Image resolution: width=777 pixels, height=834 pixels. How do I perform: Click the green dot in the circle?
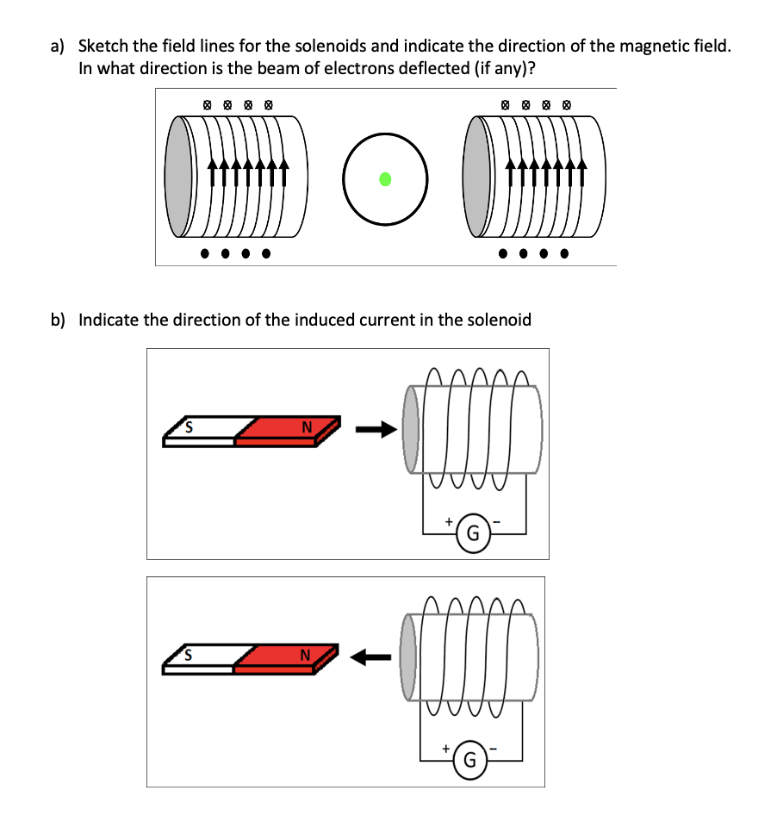click(x=386, y=179)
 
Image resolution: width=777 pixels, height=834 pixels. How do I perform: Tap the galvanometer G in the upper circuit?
click(x=473, y=532)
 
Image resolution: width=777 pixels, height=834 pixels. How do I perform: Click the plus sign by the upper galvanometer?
click(x=448, y=521)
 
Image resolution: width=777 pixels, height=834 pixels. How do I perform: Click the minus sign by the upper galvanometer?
click(x=499, y=522)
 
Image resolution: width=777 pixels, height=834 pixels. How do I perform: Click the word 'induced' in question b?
click(x=328, y=320)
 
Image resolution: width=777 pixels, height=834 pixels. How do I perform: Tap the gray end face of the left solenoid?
click(x=178, y=177)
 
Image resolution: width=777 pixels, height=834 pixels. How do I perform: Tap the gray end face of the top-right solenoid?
click(x=476, y=177)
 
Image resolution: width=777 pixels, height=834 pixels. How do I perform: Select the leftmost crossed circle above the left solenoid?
click(x=206, y=105)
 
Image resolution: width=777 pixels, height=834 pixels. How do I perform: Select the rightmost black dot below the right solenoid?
click(x=565, y=254)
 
